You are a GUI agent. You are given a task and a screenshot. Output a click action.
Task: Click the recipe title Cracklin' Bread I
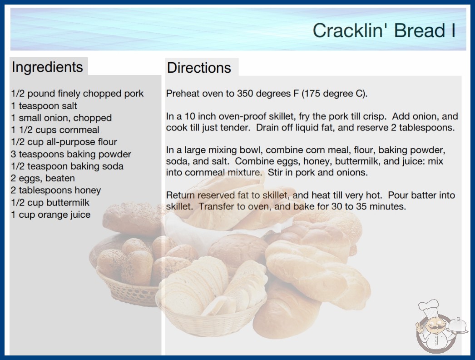tap(384, 30)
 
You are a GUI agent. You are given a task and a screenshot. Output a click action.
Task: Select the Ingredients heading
tap(47, 67)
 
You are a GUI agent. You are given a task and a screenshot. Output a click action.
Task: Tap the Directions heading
tap(199, 68)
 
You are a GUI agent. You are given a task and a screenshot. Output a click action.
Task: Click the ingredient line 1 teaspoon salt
tap(44, 106)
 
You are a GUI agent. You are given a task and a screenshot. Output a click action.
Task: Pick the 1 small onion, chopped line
tap(61, 118)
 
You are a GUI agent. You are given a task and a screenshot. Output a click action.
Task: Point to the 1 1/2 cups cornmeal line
tap(55, 130)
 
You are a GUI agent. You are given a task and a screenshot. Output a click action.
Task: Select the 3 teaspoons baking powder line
tap(71, 155)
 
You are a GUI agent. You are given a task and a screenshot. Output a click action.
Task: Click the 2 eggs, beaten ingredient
tap(43, 178)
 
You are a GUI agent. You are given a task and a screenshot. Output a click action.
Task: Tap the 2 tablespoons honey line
tap(56, 190)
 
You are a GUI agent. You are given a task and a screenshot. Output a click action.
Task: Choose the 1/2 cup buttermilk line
tap(50, 203)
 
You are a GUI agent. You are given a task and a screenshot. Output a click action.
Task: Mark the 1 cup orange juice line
tap(50, 215)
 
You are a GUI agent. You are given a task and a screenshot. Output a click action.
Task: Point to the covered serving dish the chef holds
tap(457, 326)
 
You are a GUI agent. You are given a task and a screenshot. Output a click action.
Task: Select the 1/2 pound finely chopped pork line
tap(77, 94)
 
